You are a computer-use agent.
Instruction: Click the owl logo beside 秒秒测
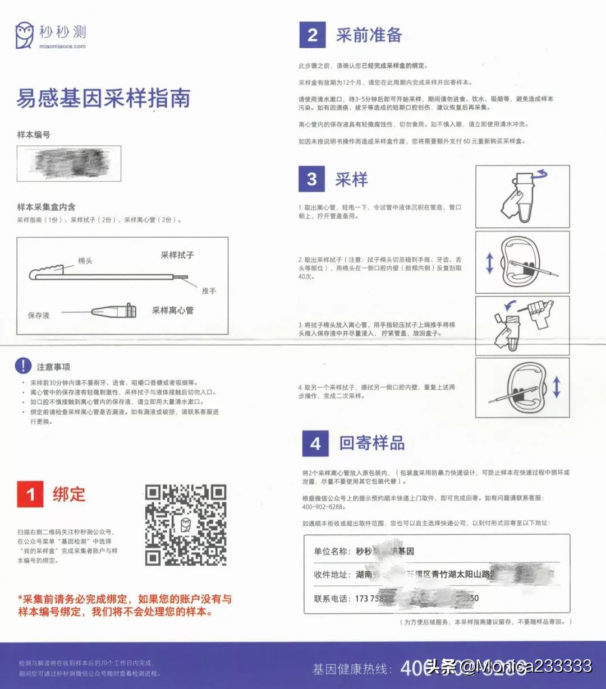pyautogui.click(x=24, y=35)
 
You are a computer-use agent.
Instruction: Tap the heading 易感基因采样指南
pyautogui.click(x=103, y=98)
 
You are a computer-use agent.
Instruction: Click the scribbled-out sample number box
pyautogui.click(x=69, y=163)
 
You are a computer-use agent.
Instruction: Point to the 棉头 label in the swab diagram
pyautogui.click(x=85, y=261)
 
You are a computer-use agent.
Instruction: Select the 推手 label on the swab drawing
pyautogui.click(x=209, y=291)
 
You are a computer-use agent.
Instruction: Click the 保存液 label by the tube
pyautogui.click(x=39, y=315)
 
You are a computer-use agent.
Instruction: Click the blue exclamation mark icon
pyautogui.click(x=23, y=366)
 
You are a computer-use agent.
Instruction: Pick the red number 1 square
pyautogui.click(x=30, y=494)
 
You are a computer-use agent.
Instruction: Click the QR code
pyautogui.click(x=186, y=525)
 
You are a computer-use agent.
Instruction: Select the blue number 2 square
pyautogui.click(x=313, y=35)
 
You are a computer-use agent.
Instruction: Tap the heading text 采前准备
pyautogui.click(x=369, y=35)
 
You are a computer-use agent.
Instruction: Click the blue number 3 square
pyautogui.click(x=312, y=179)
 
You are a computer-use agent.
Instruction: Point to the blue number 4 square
pyautogui.click(x=315, y=443)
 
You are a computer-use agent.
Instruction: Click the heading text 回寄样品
pyautogui.click(x=371, y=443)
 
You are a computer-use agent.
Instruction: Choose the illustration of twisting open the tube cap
pyautogui.click(x=522, y=196)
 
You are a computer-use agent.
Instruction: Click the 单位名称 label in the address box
pyautogui.click(x=332, y=551)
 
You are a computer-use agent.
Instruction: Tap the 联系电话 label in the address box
pyautogui.click(x=332, y=598)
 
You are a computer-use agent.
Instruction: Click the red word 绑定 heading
pyautogui.click(x=69, y=494)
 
